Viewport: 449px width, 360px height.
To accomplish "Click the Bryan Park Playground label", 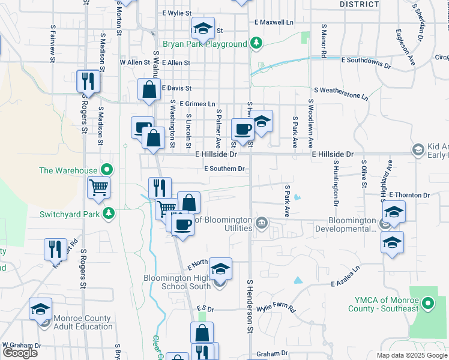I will (x=205, y=44).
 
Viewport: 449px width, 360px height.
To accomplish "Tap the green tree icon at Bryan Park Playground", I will (x=256, y=43).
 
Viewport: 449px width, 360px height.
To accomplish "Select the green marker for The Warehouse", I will (x=107, y=170).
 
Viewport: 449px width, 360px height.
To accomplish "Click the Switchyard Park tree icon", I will (x=109, y=214).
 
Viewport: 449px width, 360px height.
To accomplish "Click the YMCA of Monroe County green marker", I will (x=427, y=305).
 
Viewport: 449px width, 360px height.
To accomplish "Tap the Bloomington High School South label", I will (x=178, y=282).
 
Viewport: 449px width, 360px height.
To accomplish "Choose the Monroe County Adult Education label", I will (x=83, y=322).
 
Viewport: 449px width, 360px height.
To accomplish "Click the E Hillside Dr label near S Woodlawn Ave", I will (x=333, y=154).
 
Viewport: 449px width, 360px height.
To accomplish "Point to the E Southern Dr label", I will (x=224, y=169).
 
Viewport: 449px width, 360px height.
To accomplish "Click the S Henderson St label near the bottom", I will (x=249, y=306).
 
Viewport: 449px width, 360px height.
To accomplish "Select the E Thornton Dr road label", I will (x=409, y=195).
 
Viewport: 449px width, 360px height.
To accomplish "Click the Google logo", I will (x=20, y=352).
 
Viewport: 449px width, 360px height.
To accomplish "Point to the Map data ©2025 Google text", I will (x=412, y=355).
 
